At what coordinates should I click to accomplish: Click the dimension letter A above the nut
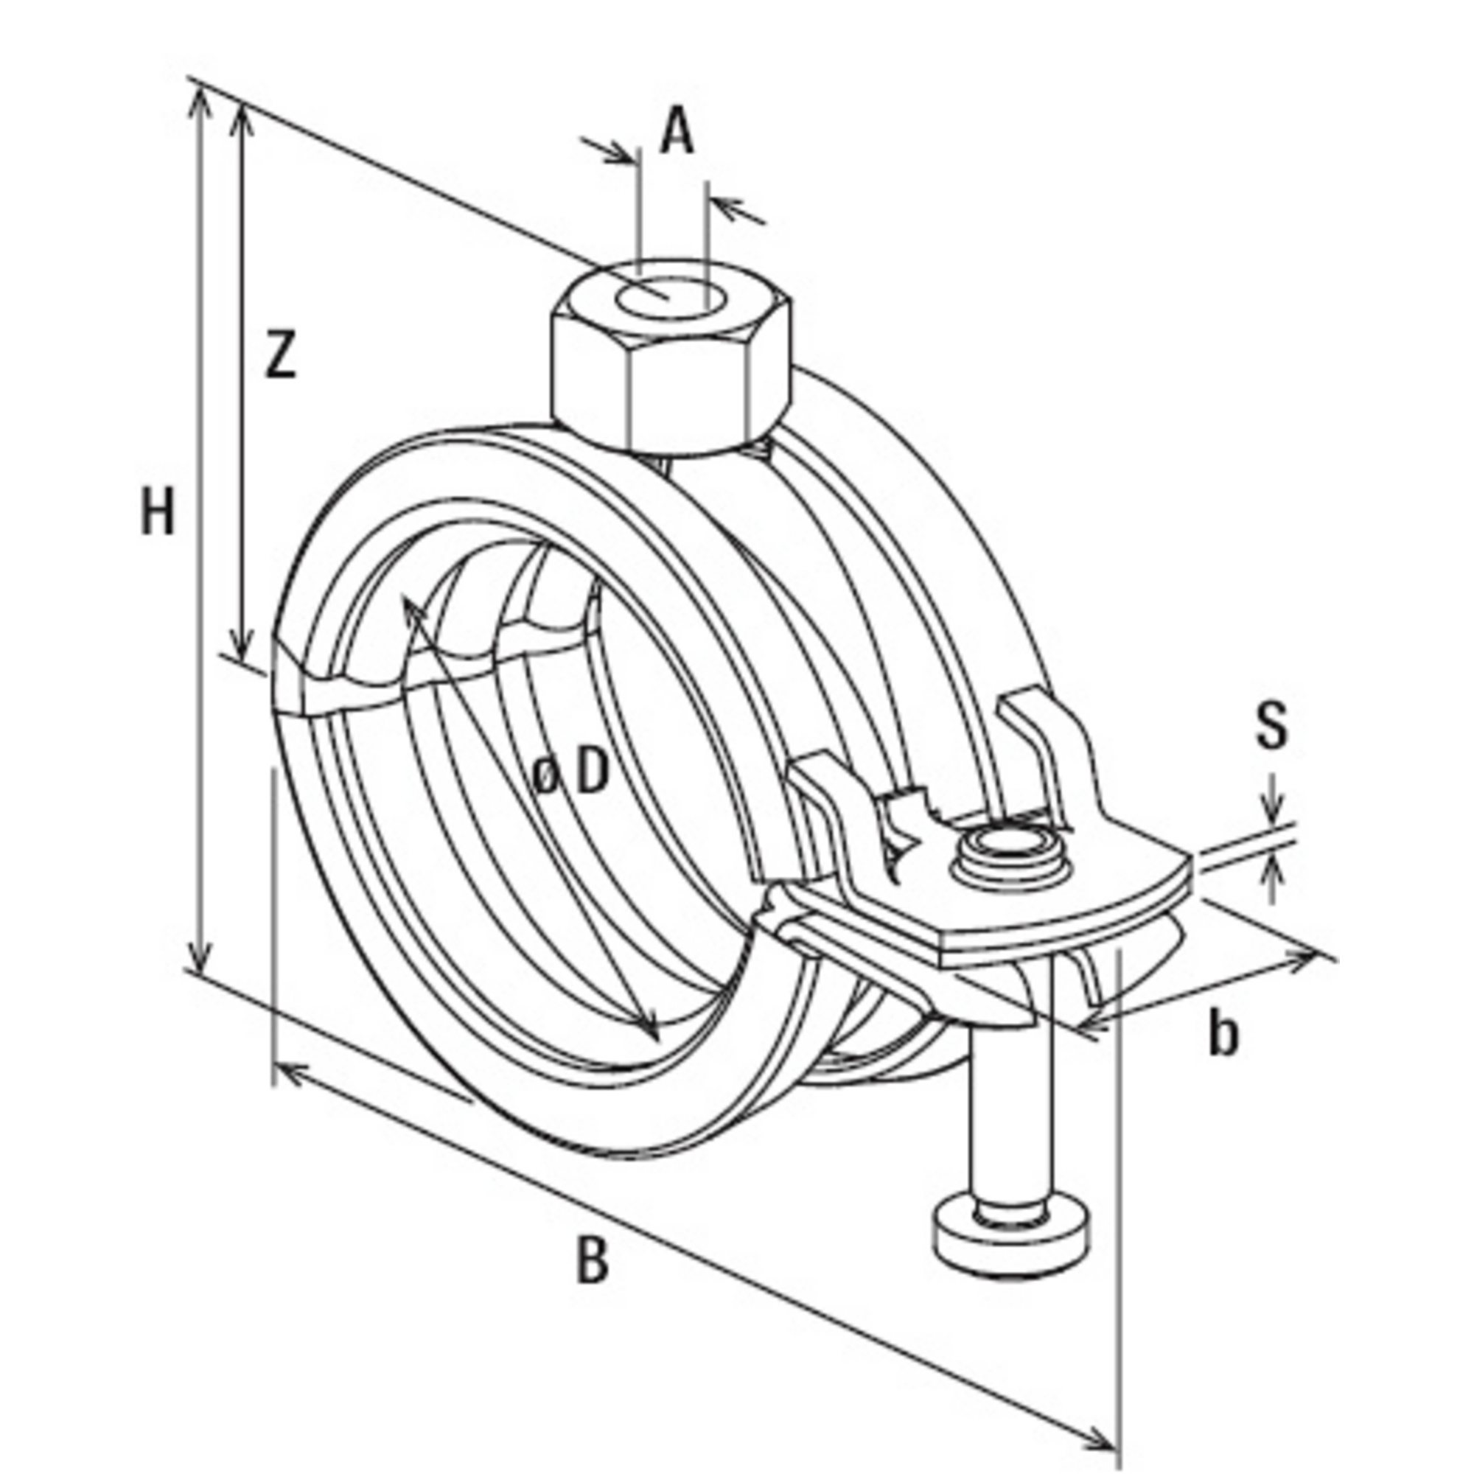tap(677, 133)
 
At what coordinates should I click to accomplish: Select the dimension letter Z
tap(280, 354)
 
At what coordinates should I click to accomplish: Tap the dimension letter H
tap(158, 512)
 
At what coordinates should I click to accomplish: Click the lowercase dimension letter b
tap(1223, 1035)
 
